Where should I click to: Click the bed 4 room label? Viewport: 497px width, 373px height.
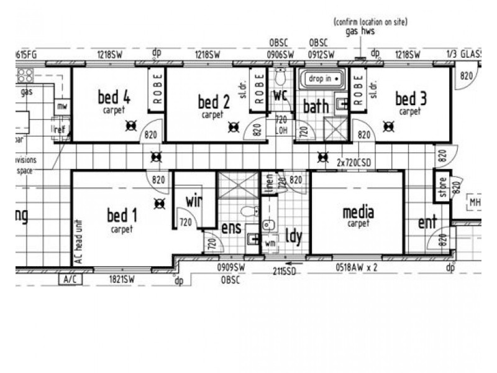(x=114, y=98)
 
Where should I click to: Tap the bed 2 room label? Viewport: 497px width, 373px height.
(x=214, y=102)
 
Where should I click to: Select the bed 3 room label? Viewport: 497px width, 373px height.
(x=411, y=99)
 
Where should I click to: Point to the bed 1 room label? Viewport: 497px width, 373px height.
(x=122, y=216)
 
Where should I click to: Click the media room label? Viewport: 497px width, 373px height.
(x=358, y=213)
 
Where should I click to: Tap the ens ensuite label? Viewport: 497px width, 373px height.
(x=231, y=228)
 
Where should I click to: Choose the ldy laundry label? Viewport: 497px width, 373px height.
(x=293, y=237)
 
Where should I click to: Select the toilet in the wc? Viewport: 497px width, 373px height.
(x=280, y=78)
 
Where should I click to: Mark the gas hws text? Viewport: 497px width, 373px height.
(x=360, y=31)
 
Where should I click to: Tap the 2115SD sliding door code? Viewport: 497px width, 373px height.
(x=285, y=271)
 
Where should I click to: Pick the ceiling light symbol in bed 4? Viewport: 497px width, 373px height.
(x=131, y=127)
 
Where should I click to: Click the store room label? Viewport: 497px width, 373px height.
(x=443, y=188)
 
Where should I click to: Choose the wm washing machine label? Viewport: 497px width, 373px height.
(x=270, y=244)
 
